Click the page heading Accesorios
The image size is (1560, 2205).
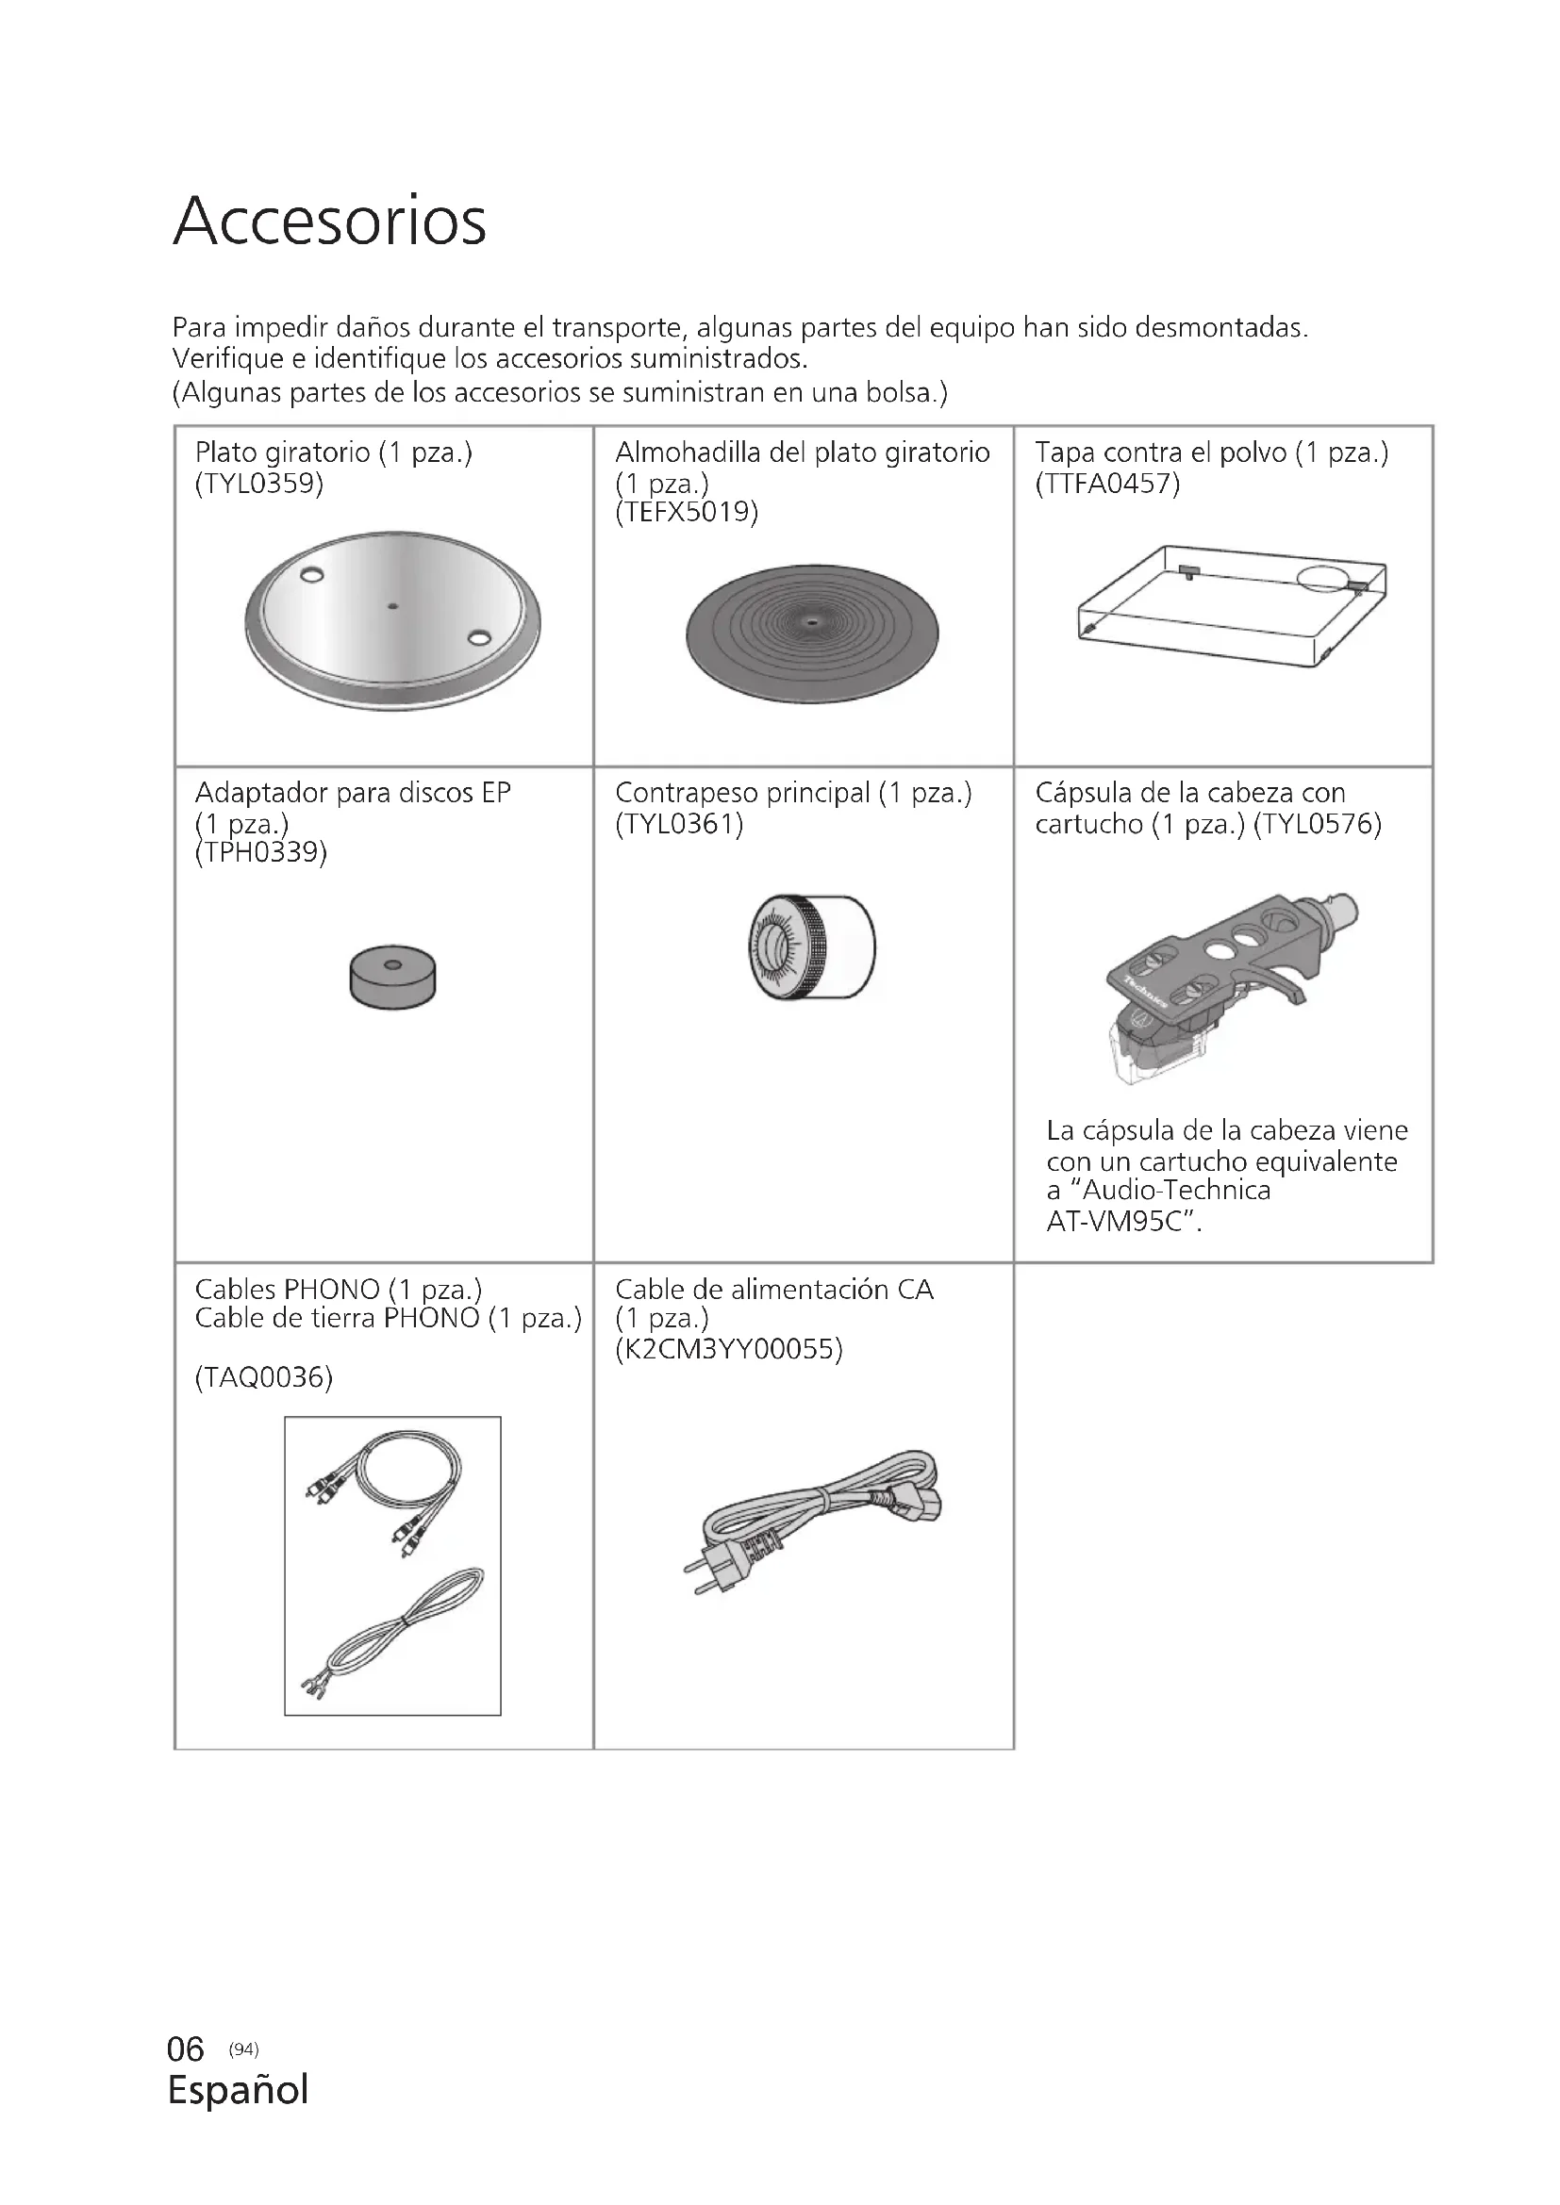click(329, 222)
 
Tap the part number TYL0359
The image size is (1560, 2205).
click(259, 483)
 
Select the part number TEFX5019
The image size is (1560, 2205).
click(687, 512)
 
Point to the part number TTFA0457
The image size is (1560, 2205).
click(1107, 483)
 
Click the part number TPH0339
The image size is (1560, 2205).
click(261, 852)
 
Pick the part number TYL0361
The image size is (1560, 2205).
click(679, 824)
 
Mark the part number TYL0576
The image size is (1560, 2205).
click(1318, 824)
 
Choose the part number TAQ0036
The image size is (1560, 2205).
click(263, 1377)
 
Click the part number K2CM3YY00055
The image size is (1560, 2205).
click(729, 1349)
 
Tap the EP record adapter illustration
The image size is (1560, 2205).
click(392, 978)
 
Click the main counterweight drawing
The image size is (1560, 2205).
click(812, 946)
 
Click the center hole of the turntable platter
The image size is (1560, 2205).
click(392, 606)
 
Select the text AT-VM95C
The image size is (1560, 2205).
click(1121, 1223)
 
